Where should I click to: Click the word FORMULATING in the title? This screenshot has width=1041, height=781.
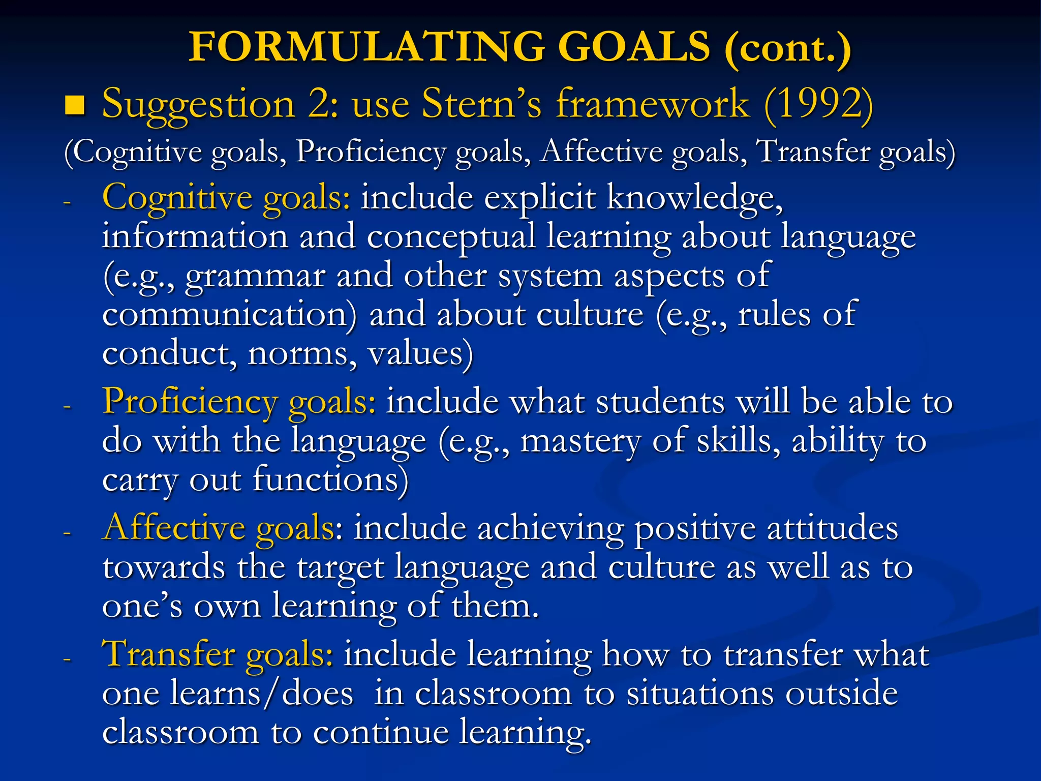coord(366,47)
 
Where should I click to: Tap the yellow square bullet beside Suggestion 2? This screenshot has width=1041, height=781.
coord(75,105)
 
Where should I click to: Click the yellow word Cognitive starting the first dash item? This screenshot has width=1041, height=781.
coord(177,197)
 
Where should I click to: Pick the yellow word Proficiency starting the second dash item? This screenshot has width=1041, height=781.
coord(190,402)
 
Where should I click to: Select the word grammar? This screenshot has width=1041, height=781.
coord(255,277)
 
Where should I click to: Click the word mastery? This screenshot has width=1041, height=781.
coord(580,441)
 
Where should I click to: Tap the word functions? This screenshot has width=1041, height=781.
coord(330,479)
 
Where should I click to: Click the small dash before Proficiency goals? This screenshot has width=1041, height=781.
coord(67,407)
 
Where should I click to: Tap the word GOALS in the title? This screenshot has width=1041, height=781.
coord(633,47)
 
